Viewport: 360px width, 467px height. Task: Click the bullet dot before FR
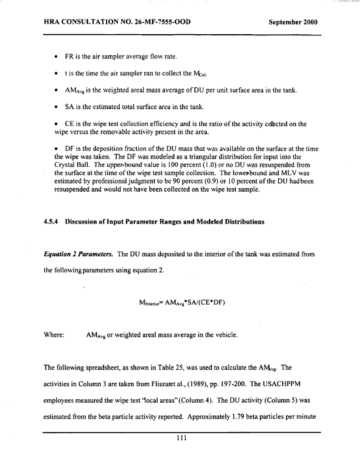pos(55,57)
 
